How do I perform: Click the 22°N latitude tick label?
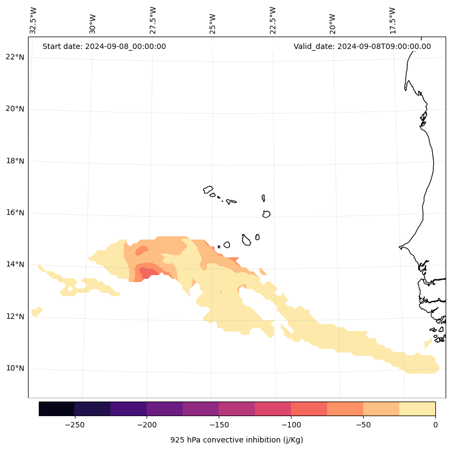tap(15, 58)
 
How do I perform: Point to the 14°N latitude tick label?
tap(15, 265)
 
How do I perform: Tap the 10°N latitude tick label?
tap(15, 369)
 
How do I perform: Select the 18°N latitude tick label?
tap(15, 161)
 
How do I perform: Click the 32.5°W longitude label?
tap(33, 20)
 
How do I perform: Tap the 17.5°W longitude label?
tap(393, 20)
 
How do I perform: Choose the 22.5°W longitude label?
tap(273, 20)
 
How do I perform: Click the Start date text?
tap(104, 46)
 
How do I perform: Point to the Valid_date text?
tap(362, 46)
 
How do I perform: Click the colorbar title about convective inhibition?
tap(237, 440)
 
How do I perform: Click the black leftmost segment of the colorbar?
tap(57, 409)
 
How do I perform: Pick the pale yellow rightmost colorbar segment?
tap(417, 409)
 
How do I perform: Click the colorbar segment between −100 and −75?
tap(309, 409)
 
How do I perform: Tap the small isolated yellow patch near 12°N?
tap(37, 311)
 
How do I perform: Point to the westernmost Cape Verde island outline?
tap(208, 189)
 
